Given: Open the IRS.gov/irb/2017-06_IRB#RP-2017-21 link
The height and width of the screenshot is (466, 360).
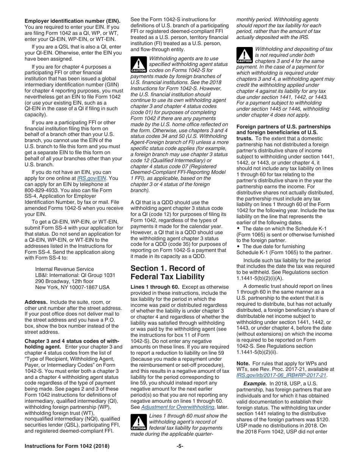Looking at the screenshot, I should pyautogui.click(x=281, y=375).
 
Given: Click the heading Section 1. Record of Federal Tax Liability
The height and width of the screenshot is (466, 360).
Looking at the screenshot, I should pyautogui.click(x=167, y=272).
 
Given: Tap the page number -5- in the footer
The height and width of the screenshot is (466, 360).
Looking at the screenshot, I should pyautogui.click(x=180, y=446).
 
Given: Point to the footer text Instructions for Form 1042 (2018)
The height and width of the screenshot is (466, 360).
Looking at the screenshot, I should pyautogui.click(x=67, y=446).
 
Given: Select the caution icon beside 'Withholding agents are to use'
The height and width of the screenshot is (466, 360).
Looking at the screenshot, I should pyautogui.click(x=138, y=64).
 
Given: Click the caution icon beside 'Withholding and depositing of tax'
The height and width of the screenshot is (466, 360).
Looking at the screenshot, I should pyautogui.click(x=244, y=55).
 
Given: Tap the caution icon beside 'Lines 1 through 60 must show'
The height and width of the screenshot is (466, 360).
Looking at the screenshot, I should pyautogui.click(x=138, y=422).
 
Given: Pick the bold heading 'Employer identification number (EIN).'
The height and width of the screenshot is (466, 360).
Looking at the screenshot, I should pyautogui.click(x=72, y=21).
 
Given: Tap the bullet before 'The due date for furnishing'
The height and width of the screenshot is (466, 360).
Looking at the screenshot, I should pyautogui.click(x=238, y=247).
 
